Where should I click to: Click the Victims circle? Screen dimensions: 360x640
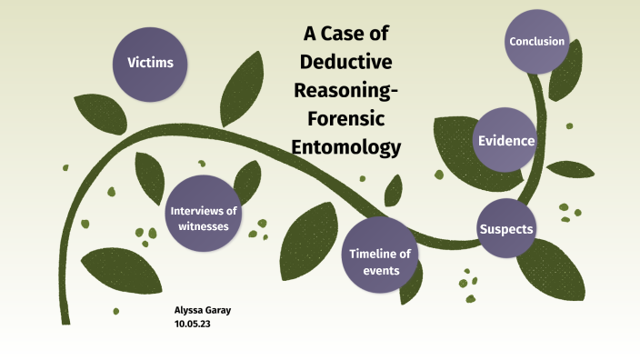(x=150, y=64)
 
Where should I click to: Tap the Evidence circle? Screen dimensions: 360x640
(x=506, y=140)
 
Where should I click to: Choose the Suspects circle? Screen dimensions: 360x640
(x=505, y=228)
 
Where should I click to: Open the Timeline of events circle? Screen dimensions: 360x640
(x=381, y=255)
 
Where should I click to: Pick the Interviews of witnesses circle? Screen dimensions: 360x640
(x=204, y=218)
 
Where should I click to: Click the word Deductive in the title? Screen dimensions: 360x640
(x=351, y=63)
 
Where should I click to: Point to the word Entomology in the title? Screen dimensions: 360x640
(x=351, y=146)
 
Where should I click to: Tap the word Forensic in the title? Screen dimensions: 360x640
(x=351, y=118)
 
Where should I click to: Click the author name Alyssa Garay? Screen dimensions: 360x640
(x=202, y=310)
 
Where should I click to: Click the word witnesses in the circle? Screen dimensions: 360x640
(x=204, y=226)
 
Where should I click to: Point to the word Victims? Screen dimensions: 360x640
(x=150, y=64)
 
